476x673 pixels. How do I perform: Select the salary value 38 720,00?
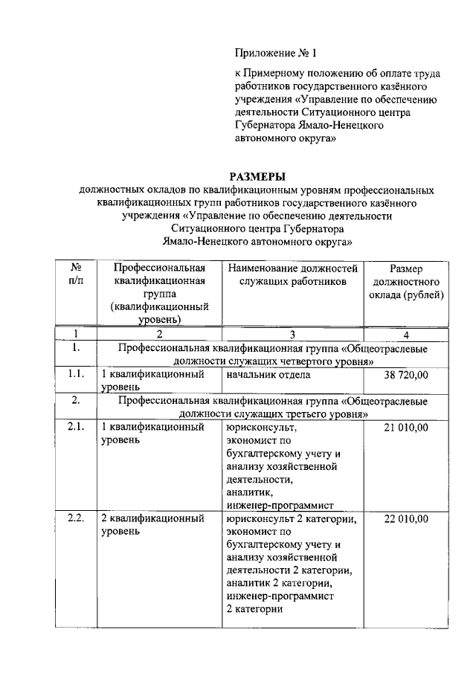point(406,375)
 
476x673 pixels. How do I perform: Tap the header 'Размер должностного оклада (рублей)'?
point(406,282)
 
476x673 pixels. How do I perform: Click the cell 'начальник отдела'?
point(268,375)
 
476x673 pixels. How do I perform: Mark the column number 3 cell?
point(293,334)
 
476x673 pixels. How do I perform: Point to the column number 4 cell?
point(406,334)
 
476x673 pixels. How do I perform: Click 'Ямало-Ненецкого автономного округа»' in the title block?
point(257,242)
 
